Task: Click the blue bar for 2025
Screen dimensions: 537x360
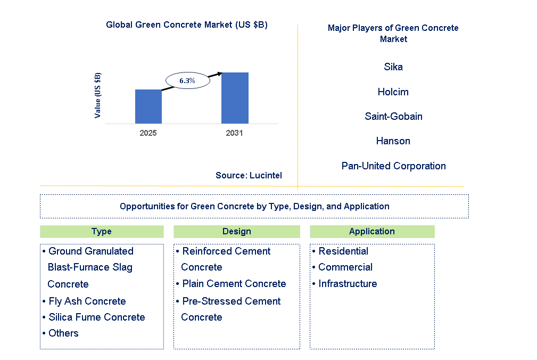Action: [x=148, y=107]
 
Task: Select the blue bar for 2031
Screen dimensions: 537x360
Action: [x=235, y=98]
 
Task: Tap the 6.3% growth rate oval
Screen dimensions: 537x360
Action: [x=188, y=80]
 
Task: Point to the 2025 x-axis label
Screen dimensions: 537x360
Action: [x=148, y=133]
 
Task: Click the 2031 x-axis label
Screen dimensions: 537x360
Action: [x=234, y=133]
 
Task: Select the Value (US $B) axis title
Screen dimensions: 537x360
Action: [x=97, y=95]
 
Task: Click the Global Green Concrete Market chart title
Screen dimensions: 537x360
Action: [x=187, y=24]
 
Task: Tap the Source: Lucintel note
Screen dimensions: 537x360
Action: [x=249, y=175]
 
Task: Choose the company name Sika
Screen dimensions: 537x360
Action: [x=393, y=67]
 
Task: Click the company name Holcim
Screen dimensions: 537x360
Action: [x=393, y=92]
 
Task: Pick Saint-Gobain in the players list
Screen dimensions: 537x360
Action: [x=393, y=117]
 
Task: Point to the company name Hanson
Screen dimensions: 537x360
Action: [x=393, y=141]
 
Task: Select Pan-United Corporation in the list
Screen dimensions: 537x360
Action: [x=393, y=166]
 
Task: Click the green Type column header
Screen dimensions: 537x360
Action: [x=102, y=232]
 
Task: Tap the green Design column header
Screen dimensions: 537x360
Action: [x=237, y=232]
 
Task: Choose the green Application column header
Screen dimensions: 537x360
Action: [x=372, y=232]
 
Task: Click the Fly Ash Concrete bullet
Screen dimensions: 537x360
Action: [x=84, y=301]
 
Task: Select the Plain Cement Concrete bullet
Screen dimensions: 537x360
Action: [x=231, y=284]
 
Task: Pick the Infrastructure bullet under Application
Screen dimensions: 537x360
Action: [x=344, y=284]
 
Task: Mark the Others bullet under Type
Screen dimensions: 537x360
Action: [x=61, y=333]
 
